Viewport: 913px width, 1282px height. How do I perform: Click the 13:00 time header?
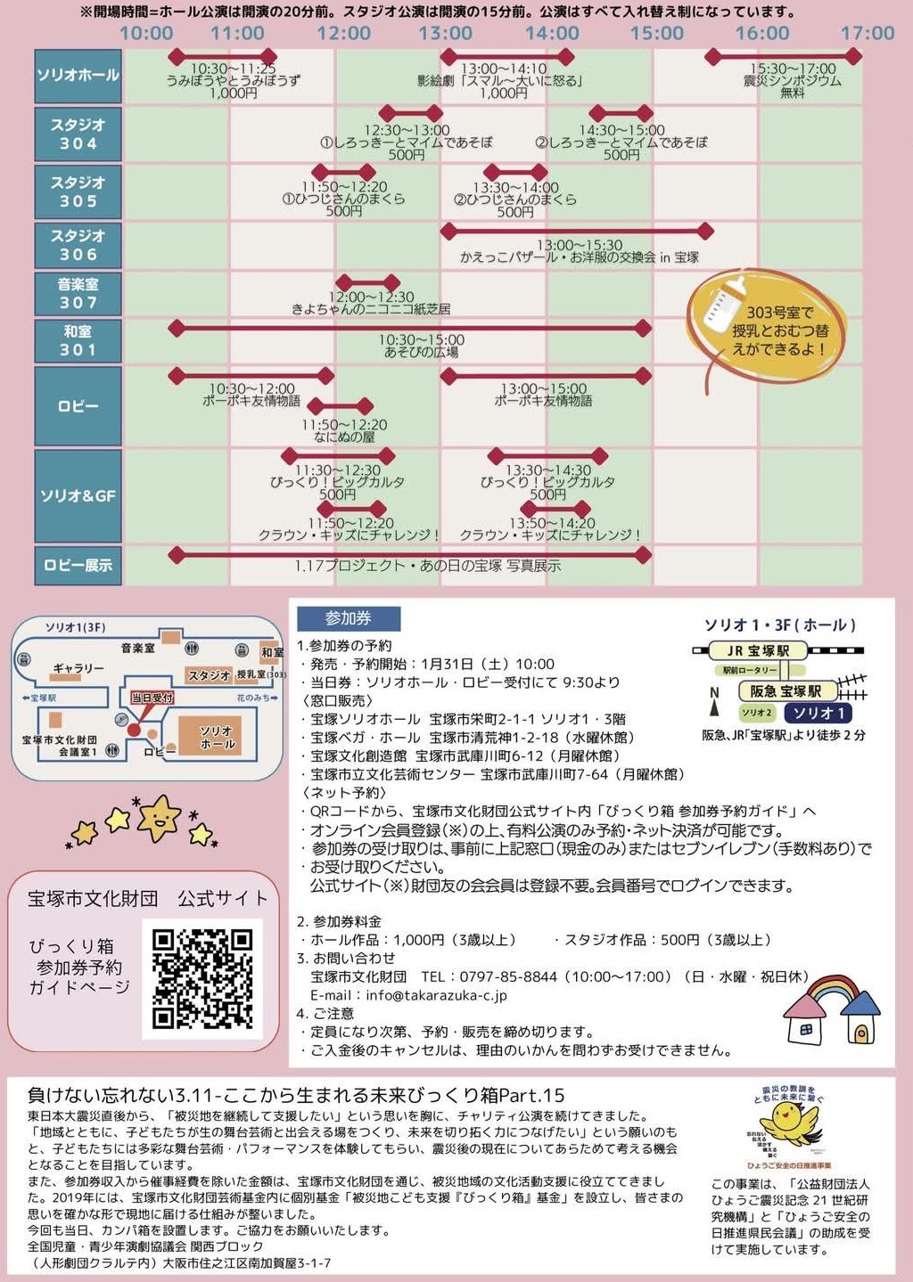tap(446, 33)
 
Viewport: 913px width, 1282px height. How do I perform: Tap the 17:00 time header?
tap(867, 33)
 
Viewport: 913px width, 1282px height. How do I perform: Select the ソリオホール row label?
tap(78, 75)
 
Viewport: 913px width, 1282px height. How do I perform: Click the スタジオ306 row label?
tap(78, 244)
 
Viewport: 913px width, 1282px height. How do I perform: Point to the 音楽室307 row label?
tap(78, 293)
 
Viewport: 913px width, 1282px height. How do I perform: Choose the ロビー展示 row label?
tap(78, 565)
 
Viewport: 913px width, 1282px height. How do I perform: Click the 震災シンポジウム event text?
tap(792, 80)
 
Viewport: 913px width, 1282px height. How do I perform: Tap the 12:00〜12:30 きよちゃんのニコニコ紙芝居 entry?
tap(371, 303)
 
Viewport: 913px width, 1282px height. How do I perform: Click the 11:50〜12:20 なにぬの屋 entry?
tap(344, 431)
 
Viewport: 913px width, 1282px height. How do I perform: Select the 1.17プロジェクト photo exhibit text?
tap(428, 566)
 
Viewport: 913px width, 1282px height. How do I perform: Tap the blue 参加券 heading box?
tap(349, 618)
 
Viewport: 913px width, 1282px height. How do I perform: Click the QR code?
tap(202, 978)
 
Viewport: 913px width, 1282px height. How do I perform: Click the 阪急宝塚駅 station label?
tap(786, 691)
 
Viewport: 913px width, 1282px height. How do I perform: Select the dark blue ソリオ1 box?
tap(818, 713)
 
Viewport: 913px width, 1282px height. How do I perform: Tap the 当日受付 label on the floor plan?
tap(152, 698)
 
